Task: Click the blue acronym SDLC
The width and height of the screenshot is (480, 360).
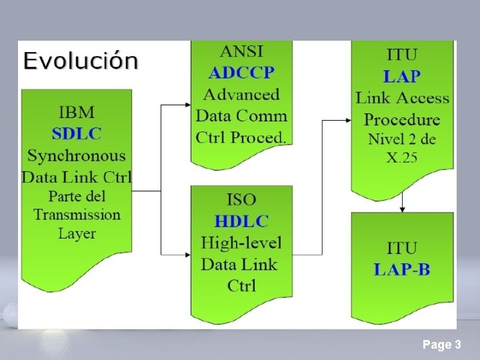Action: point(77,133)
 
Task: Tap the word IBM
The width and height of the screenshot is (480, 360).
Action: point(77,111)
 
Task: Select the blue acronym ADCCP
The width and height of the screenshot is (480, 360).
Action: point(241,73)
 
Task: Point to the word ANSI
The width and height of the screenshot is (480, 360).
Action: point(241,51)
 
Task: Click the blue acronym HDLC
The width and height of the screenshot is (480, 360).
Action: point(241,221)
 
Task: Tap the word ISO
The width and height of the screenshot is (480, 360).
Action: point(241,199)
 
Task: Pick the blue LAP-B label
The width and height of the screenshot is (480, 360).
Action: point(402,269)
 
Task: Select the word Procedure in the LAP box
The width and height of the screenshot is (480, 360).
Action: point(402,120)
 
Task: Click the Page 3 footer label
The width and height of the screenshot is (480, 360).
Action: point(441,345)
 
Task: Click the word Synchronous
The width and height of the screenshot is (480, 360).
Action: point(77,155)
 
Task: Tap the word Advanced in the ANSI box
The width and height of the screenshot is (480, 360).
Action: point(241,94)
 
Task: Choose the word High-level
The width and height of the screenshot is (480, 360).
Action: point(241,243)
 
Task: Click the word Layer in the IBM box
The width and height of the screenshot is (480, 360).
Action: point(77,233)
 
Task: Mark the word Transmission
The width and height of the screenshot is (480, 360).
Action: point(77,215)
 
